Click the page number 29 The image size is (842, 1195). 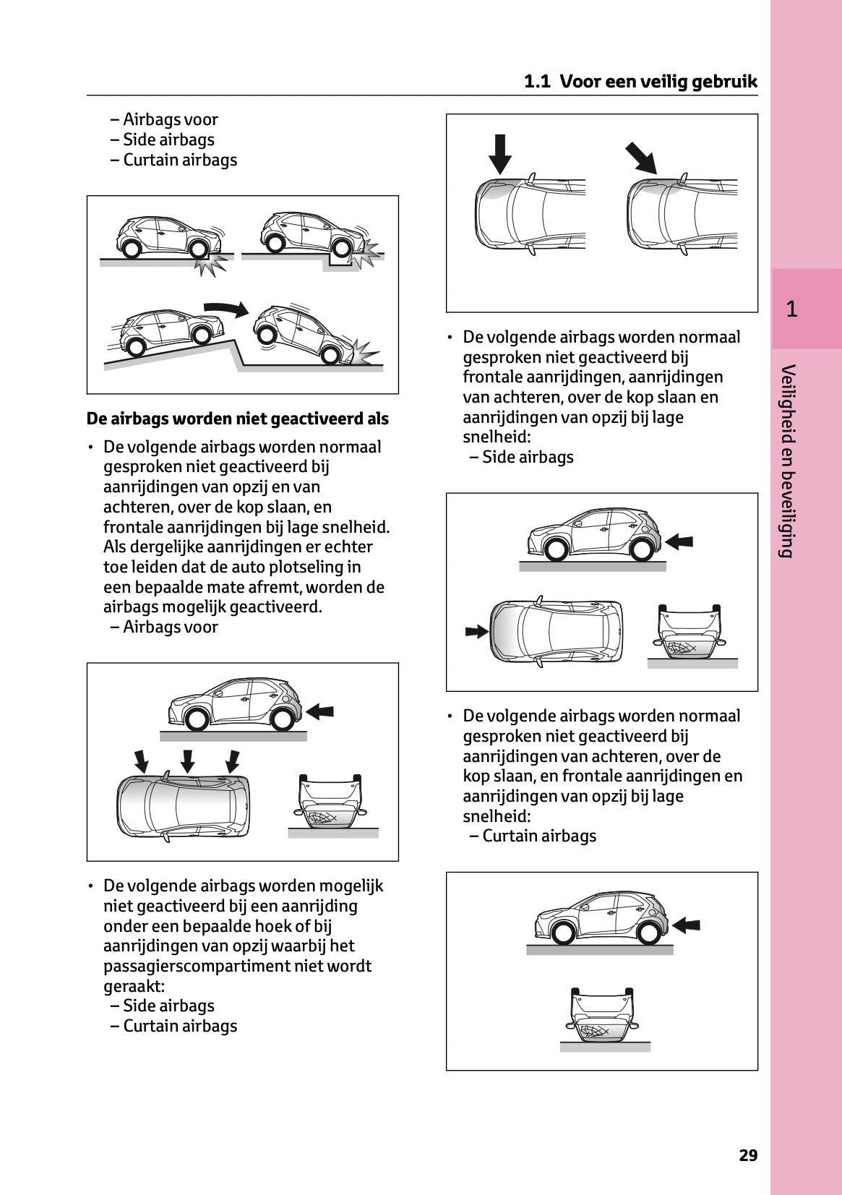(748, 1155)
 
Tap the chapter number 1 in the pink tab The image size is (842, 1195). (791, 309)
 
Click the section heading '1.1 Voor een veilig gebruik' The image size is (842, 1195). (640, 82)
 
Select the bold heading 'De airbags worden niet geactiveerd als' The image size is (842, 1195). (237, 419)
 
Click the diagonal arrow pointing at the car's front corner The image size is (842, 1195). (641, 158)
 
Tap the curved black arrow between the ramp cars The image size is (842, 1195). (226, 308)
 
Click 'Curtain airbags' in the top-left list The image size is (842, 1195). (179, 160)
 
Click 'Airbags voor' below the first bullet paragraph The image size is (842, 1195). (170, 627)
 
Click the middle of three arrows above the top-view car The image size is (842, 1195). (187, 761)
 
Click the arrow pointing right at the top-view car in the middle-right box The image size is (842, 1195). (476, 631)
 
